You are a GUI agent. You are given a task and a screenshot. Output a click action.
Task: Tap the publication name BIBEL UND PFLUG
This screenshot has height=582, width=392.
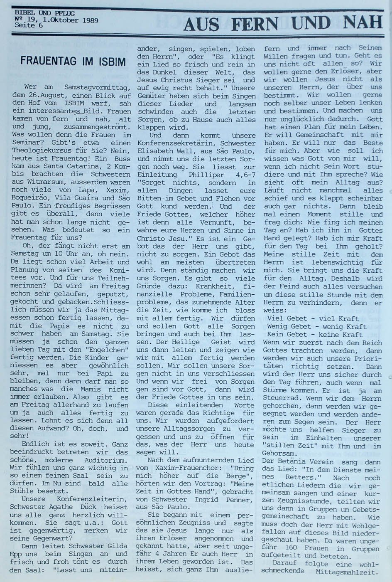(x=35, y=13)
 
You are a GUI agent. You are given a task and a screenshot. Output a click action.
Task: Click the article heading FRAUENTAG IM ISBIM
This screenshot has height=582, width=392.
(x=73, y=62)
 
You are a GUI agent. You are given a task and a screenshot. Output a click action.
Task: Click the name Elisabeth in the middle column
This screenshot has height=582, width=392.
(x=158, y=151)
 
